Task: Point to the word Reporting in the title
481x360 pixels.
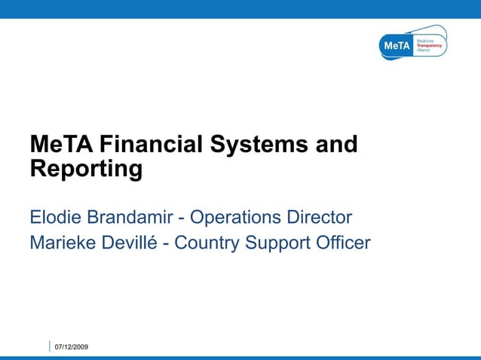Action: coord(86,169)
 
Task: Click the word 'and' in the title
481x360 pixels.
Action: coord(336,144)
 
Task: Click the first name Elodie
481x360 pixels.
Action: coord(56,218)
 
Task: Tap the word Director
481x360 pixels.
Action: coord(318,218)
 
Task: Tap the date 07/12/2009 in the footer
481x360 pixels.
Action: coord(72,346)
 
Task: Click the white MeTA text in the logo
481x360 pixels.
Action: coord(397,47)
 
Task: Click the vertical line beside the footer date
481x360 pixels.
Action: coord(50,346)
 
